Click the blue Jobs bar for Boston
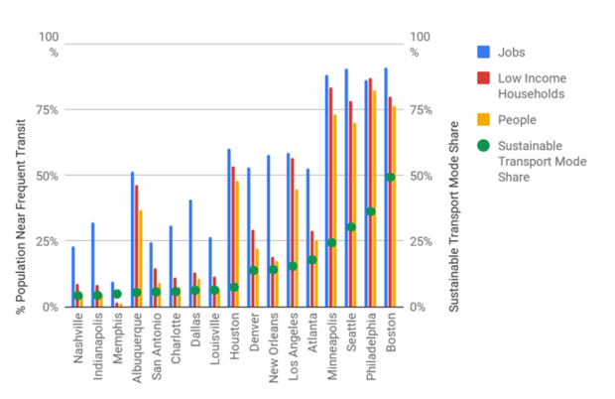[x=385, y=189]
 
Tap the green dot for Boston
[x=391, y=177]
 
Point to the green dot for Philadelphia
[x=371, y=211]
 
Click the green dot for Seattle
[x=351, y=227]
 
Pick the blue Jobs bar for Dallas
[x=189, y=253]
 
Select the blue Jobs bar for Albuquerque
[x=132, y=239]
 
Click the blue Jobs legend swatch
[x=484, y=53]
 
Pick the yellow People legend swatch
[x=484, y=120]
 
